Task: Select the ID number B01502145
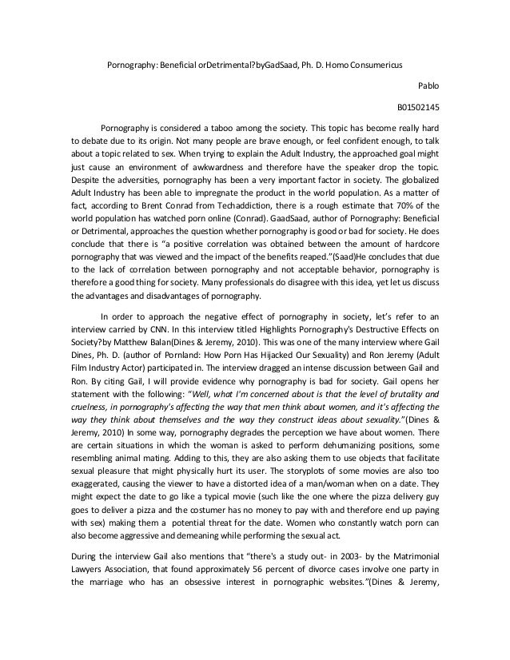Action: pos(417,106)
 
